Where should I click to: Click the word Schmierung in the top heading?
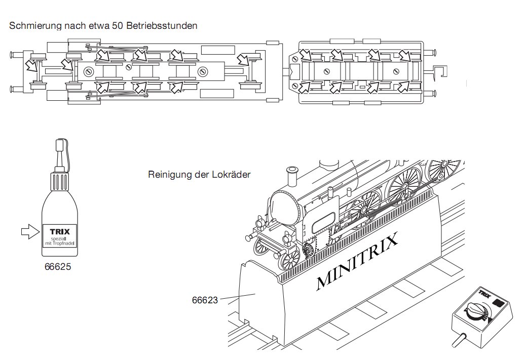(x=33, y=25)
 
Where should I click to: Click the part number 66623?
(x=205, y=300)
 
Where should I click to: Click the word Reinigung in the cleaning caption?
(x=167, y=175)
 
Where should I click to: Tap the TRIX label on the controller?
(x=483, y=293)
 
